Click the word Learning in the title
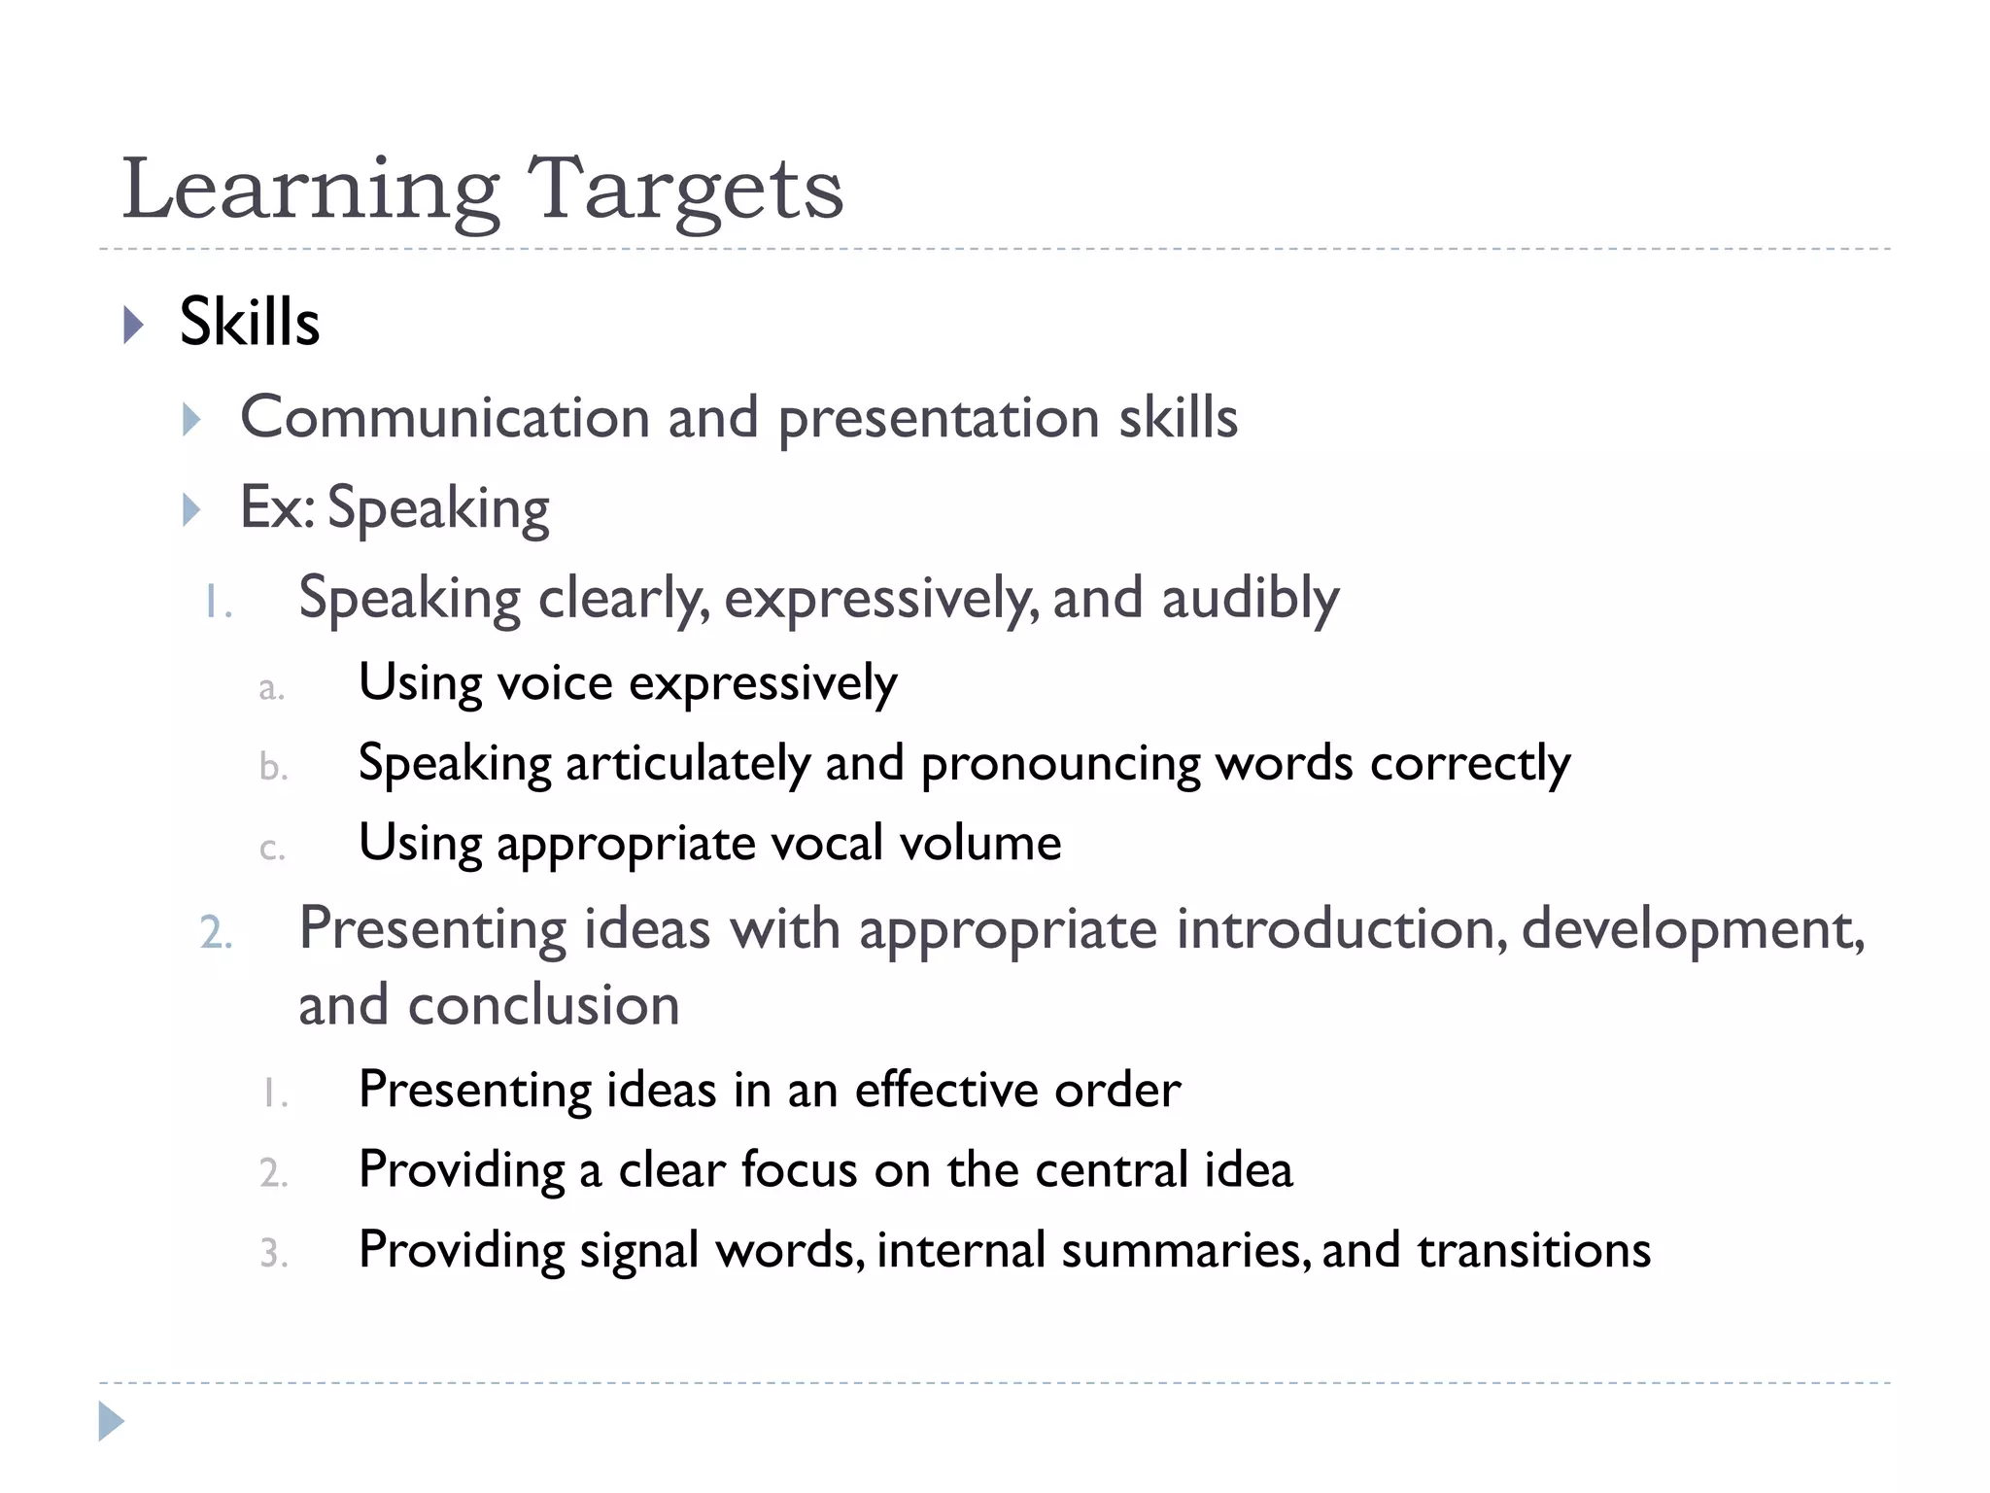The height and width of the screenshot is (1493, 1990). [x=311, y=190]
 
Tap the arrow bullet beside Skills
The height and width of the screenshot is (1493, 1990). [x=134, y=325]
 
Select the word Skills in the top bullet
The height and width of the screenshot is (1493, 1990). [x=250, y=322]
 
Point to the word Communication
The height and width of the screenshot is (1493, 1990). [x=445, y=418]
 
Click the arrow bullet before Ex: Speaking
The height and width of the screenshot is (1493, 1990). [x=191, y=509]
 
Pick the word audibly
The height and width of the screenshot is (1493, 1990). [x=1251, y=598]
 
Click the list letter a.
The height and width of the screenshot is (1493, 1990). [x=271, y=689]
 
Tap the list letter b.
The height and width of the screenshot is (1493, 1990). [x=273, y=768]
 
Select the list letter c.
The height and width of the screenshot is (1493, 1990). [x=272, y=849]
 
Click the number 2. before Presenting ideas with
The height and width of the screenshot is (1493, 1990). [x=216, y=933]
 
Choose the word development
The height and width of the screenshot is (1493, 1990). [x=1692, y=929]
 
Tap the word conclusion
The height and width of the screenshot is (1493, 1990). [x=543, y=1005]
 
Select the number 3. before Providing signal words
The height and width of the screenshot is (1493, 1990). [x=274, y=1254]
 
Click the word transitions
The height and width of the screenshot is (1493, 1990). [x=1534, y=1250]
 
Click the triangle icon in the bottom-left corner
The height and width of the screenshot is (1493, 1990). [x=111, y=1421]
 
